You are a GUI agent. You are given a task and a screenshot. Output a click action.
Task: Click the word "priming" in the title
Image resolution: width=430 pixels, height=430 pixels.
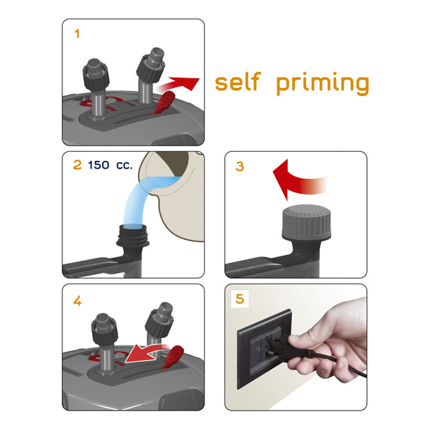point(322,84)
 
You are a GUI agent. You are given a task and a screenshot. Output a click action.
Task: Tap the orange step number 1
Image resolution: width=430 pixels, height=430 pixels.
point(77,34)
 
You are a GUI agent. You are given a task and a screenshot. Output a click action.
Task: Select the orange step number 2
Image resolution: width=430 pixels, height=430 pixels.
point(78,165)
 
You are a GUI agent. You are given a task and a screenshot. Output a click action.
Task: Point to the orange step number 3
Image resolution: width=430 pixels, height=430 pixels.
point(240,166)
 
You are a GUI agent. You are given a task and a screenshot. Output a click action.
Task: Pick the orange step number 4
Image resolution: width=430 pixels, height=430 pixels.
point(78,301)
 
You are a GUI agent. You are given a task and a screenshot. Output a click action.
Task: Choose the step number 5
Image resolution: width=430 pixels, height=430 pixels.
point(240,299)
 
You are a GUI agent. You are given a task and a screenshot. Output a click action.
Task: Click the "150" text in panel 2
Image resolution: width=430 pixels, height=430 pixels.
point(98,165)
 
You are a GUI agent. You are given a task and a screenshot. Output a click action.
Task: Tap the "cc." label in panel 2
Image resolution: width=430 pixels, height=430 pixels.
point(124,166)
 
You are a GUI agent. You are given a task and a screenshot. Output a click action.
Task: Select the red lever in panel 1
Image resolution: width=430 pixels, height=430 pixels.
point(164,102)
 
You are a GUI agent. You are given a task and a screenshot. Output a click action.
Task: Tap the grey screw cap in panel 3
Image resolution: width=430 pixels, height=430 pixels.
point(307,221)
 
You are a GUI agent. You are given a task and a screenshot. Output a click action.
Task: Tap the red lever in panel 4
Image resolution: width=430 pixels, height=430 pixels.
point(173,357)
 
